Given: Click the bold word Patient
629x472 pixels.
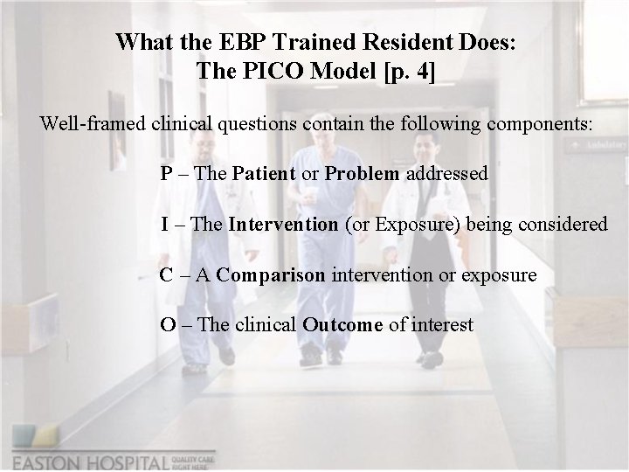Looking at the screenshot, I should click(264, 174).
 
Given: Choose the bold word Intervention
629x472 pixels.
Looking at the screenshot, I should click(283, 225).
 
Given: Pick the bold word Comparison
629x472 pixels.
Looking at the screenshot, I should click(271, 275).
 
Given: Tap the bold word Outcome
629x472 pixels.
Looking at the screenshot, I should click(342, 326).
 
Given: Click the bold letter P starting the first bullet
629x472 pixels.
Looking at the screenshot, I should click(166, 174).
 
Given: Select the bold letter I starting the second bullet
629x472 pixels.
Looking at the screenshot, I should click(164, 225).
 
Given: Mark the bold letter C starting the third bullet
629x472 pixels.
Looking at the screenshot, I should click(166, 275).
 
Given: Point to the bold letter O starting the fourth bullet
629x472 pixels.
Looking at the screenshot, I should click(167, 326).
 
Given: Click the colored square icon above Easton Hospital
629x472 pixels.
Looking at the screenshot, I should click(32, 437).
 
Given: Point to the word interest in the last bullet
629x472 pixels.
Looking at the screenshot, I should click(443, 326).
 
